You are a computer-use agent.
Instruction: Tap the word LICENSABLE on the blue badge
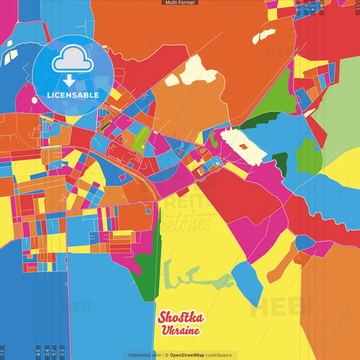73,95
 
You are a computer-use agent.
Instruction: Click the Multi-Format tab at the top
180,3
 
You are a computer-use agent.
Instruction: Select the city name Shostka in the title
179,317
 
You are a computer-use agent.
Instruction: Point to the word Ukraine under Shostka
180,331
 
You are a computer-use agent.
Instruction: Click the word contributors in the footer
219,355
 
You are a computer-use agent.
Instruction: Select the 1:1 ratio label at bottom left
3,352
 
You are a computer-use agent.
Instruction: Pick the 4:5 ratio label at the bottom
38,352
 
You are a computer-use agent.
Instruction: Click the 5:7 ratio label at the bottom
54,352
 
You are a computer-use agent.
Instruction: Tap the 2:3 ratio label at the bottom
62,352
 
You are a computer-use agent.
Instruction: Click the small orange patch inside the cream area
242,145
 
